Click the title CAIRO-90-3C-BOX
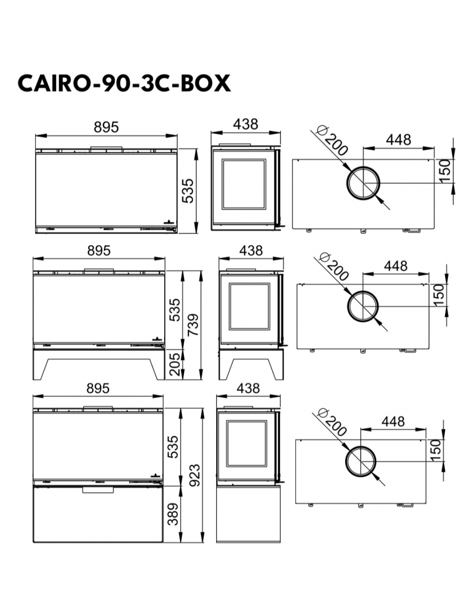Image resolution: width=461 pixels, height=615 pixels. click(124, 83)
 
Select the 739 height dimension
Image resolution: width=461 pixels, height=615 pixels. click(193, 325)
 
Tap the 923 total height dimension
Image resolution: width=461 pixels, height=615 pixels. click(194, 475)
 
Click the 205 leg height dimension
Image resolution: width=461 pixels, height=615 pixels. click(175, 364)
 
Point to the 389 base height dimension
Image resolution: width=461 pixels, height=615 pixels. click(173, 514)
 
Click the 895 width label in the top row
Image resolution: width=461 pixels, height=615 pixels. click(106, 127)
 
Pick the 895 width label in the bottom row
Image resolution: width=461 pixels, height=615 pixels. click(98, 388)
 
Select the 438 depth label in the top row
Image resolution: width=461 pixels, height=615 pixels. click(246, 124)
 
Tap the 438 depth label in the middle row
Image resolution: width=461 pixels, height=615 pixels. click(251, 250)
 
